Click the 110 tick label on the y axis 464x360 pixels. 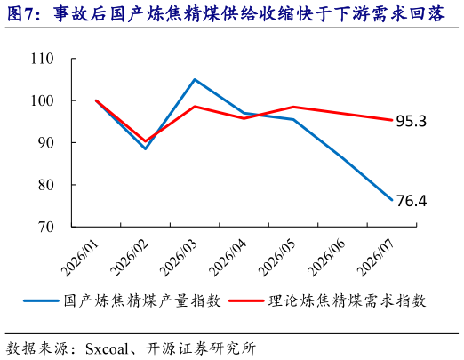[43, 59]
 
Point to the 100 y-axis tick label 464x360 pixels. [43, 100]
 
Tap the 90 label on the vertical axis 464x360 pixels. [46, 143]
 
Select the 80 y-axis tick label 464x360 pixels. [46, 185]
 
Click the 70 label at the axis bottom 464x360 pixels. [46, 227]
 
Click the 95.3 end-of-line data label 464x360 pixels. [412, 121]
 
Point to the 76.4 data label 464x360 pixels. [412, 201]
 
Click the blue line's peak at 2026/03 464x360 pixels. [195, 80]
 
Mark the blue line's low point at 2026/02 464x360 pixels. [145, 148]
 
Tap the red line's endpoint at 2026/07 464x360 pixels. [392, 120]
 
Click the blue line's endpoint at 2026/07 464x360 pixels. [392, 200]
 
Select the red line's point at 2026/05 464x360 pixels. [293, 107]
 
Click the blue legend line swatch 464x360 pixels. [41, 300]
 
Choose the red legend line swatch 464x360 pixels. [246, 300]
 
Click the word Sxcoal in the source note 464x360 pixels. [107, 348]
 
